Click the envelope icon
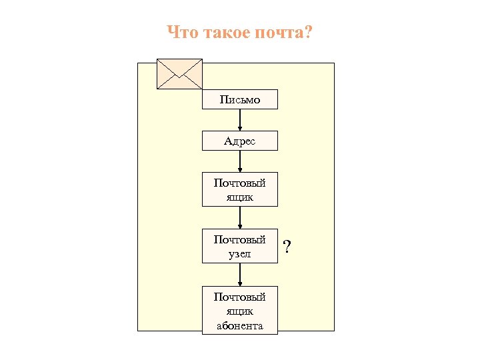[179, 73]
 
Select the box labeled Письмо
[240, 100]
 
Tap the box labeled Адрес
[240, 141]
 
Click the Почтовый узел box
[240, 246]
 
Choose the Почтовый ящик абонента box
[240, 311]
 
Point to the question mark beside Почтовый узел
[287, 247]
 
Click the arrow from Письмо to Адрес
[240, 120]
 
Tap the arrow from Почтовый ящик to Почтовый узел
[240, 217]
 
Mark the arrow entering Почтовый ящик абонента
[240, 275]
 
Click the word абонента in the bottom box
[240, 326]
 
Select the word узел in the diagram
[240, 254]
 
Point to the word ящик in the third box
[240, 197]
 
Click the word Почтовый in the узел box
[240, 239]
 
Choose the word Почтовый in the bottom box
[240, 296]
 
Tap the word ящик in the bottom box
[240, 311]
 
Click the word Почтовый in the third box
[240, 182]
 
